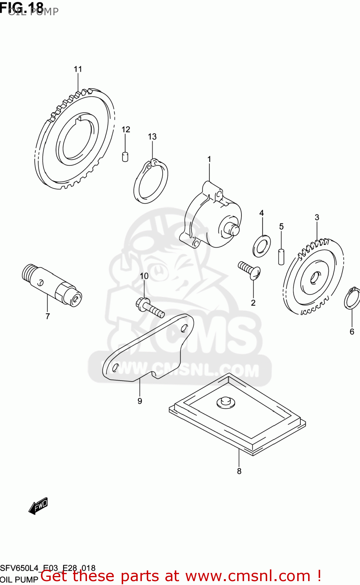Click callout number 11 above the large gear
(78, 69)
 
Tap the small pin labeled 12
(125, 156)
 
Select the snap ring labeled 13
(151, 181)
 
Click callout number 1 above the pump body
(209, 159)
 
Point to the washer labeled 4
(261, 246)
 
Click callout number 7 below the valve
(48, 316)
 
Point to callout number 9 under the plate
(140, 401)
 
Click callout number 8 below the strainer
(239, 471)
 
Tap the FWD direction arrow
(38, 506)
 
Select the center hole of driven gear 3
(314, 278)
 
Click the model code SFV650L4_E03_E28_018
(48, 568)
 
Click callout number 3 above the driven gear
(317, 217)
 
